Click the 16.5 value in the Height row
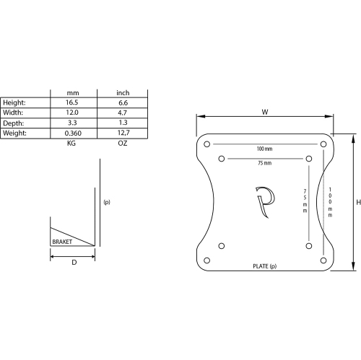(x=72, y=103)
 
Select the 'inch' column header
(x=123, y=93)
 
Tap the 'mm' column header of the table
(x=72, y=93)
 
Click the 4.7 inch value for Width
(x=123, y=113)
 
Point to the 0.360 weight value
(x=72, y=133)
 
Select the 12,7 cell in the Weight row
(x=123, y=133)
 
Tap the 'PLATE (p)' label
(x=264, y=267)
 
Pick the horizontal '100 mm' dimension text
(x=264, y=149)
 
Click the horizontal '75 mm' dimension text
(x=264, y=164)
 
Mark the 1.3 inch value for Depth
(x=123, y=123)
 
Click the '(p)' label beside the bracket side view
(x=107, y=203)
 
